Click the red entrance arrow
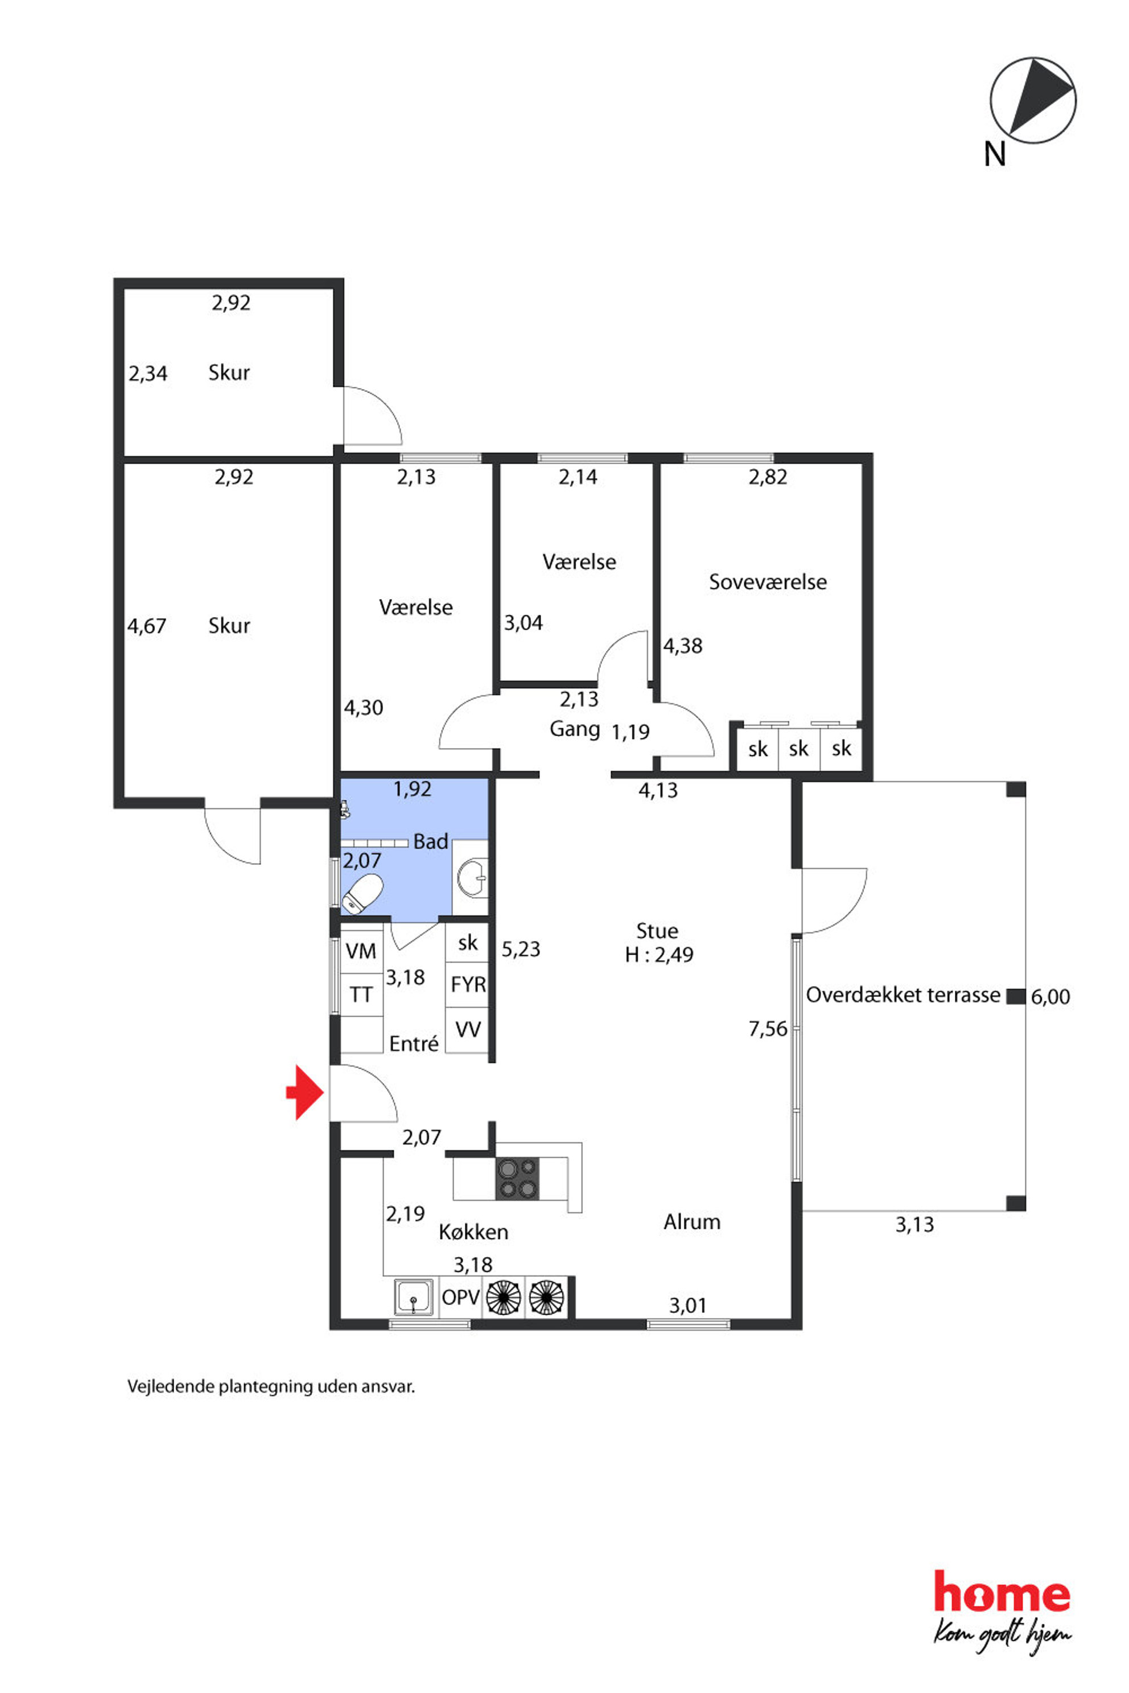(x=305, y=1093)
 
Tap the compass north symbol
(x=1033, y=101)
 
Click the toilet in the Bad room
(x=362, y=893)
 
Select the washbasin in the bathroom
(x=472, y=877)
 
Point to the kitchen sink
(x=414, y=1297)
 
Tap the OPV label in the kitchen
(x=461, y=1297)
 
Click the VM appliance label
(x=361, y=952)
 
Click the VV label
(x=468, y=1029)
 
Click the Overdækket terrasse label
(x=903, y=995)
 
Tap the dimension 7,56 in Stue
(x=768, y=1029)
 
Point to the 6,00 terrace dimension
(x=1050, y=997)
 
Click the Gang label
(x=575, y=729)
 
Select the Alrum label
(x=692, y=1221)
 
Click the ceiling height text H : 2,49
(x=659, y=955)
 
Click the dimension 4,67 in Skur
(x=147, y=626)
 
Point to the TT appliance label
(x=361, y=995)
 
